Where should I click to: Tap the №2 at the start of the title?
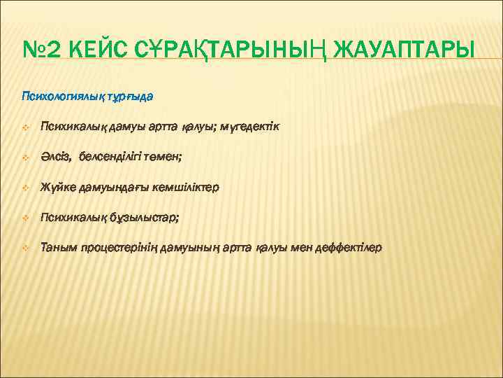point(43,50)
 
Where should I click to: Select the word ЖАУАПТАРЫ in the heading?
point(407,50)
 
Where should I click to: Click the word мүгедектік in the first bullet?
point(249,127)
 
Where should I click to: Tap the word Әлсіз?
point(55,157)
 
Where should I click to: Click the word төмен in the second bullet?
point(165,157)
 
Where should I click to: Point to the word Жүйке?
point(57,188)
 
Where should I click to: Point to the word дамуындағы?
point(115,188)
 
